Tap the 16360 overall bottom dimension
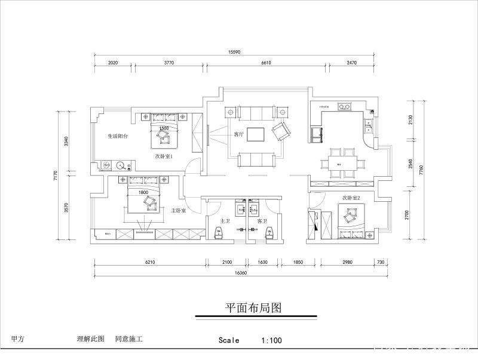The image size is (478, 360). (x=241, y=272)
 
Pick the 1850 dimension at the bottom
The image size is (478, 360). (x=298, y=261)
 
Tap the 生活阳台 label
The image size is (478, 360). (x=118, y=136)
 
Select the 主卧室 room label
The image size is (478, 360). (x=179, y=211)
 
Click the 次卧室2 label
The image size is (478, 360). (x=351, y=197)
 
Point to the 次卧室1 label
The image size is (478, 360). (x=164, y=156)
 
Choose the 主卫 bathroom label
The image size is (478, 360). (x=225, y=221)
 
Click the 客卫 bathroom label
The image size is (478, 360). (x=262, y=221)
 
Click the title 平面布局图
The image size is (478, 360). (x=253, y=308)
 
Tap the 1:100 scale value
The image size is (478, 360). (x=271, y=340)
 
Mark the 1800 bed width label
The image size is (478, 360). (x=143, y=192)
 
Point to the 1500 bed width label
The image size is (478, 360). (x=164, y=128)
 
